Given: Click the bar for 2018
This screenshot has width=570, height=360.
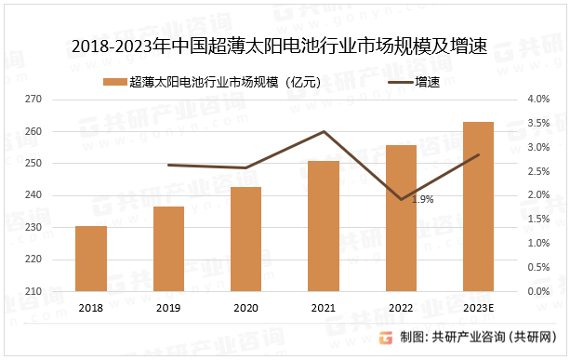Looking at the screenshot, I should [x=91, y=259].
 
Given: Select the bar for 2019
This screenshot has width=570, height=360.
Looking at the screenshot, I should [x=168, y=248].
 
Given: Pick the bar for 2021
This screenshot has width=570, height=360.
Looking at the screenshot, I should [x=324, y=226].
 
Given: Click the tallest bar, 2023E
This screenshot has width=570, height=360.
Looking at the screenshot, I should [x=478, y=207].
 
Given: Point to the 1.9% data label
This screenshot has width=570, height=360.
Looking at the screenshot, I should [x=422, y=199].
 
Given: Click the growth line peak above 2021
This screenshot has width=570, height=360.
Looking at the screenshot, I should [x=324, y=131].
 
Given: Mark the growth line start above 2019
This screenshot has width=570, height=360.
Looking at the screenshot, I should [x=168, y=166].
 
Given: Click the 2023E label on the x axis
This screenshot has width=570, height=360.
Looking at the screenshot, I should [x=478, y=308].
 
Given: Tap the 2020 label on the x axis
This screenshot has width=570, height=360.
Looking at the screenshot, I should [x=246, y=308].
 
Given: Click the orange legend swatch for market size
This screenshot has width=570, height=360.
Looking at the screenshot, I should [x=115, y=81].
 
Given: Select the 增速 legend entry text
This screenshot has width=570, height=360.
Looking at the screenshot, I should [x=428, y=81].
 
